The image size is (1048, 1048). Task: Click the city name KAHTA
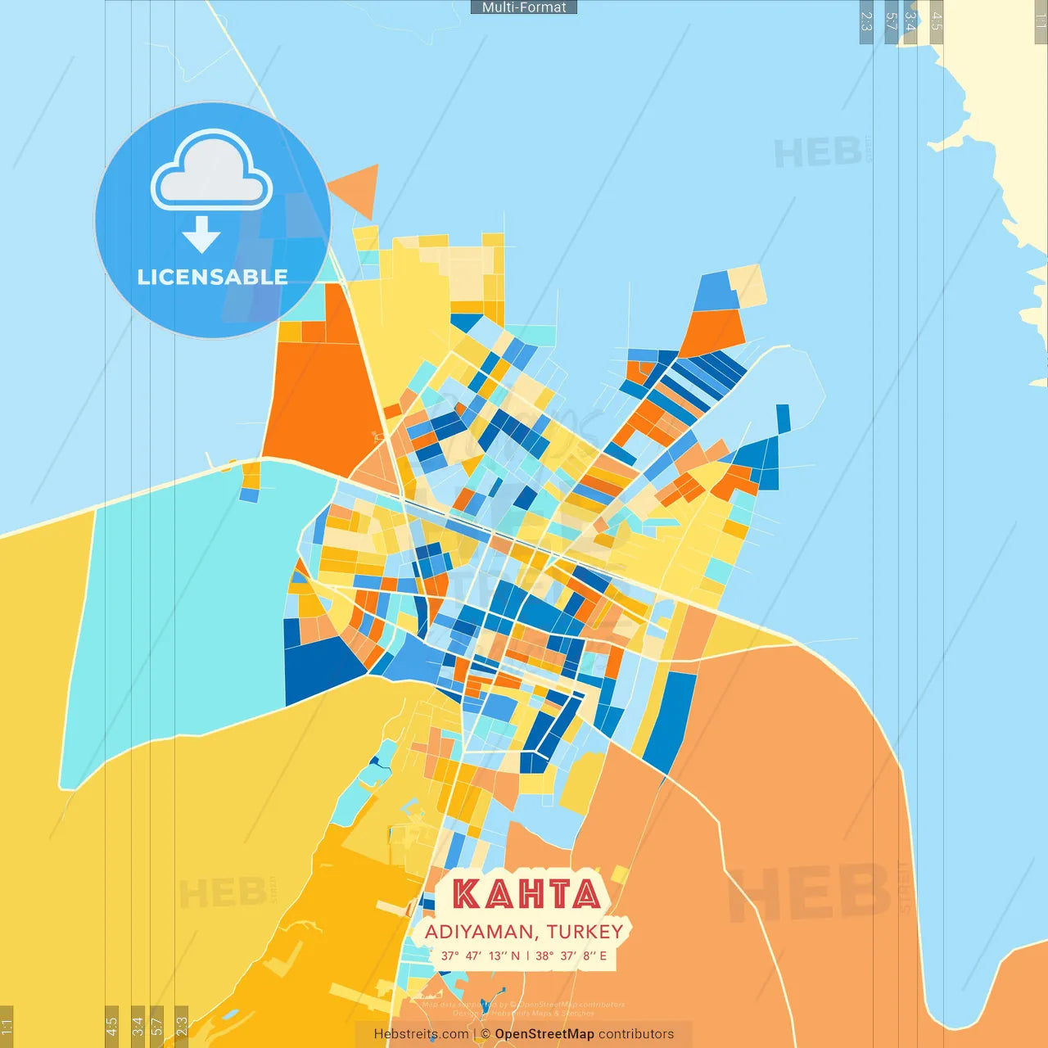pyautogui.click(x=526, y=893)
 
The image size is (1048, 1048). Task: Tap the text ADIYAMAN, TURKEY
pyautogui.click(x=524, y=932)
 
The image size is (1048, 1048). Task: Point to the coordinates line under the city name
pyautogui.click(x=524, y=955)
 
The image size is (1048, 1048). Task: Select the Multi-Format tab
pyautogui.click(x=524, y=7)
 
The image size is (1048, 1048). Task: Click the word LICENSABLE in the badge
pyautogui.click(x=213, y=277)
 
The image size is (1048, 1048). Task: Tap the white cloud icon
pyautogui.click(x=211, y=172)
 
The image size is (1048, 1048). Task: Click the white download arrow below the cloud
pyautogui.click(x=201, y=234)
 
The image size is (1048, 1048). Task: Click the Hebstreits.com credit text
pyautogui.click(x=421, y=1034)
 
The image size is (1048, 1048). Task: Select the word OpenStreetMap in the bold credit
pyautogui.click(x=544, y=1034)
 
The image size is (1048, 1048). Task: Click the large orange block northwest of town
pyautogui.click(x=319, y=401)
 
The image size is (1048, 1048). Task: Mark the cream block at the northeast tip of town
pyautogui.click(x=748, y=285)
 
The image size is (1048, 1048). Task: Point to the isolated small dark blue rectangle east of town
pyautogui.click(x=783, y=418)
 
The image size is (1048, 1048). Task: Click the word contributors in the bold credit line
pyautogui.click(x=636, y=1034)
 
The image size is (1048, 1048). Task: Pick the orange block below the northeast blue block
pyautogui.click(x=711, y=332)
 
